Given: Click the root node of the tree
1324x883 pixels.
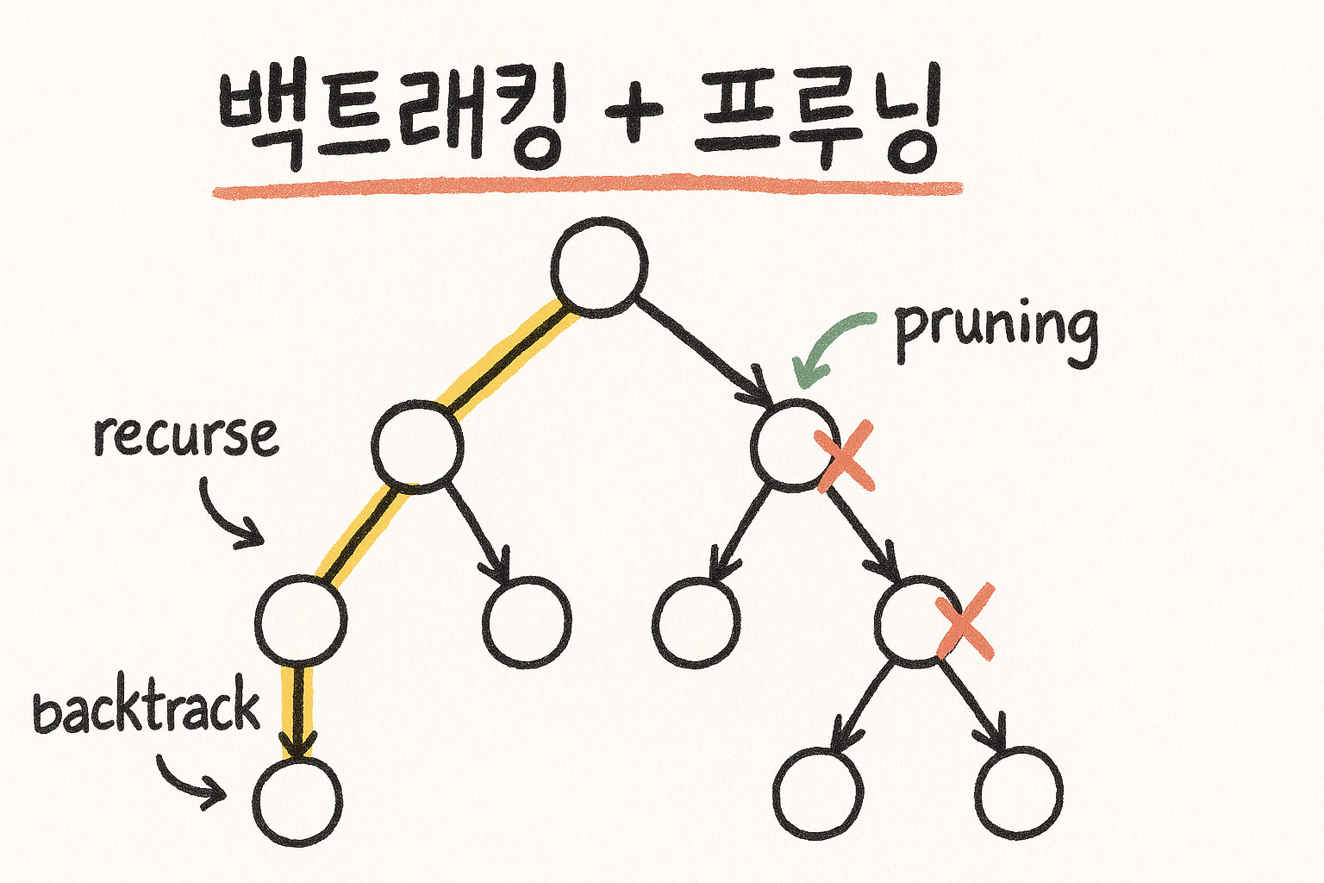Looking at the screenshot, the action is [599, 266].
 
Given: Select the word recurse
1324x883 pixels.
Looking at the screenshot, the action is [186, 435].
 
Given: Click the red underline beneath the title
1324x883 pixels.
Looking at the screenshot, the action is [586, 188].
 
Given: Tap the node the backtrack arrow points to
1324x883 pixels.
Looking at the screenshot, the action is [297, 800].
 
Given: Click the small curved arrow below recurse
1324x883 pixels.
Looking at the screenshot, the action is [228, 516].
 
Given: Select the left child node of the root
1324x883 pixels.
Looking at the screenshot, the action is [417, 446].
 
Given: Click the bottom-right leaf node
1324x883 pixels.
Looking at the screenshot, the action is [1019, 792].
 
